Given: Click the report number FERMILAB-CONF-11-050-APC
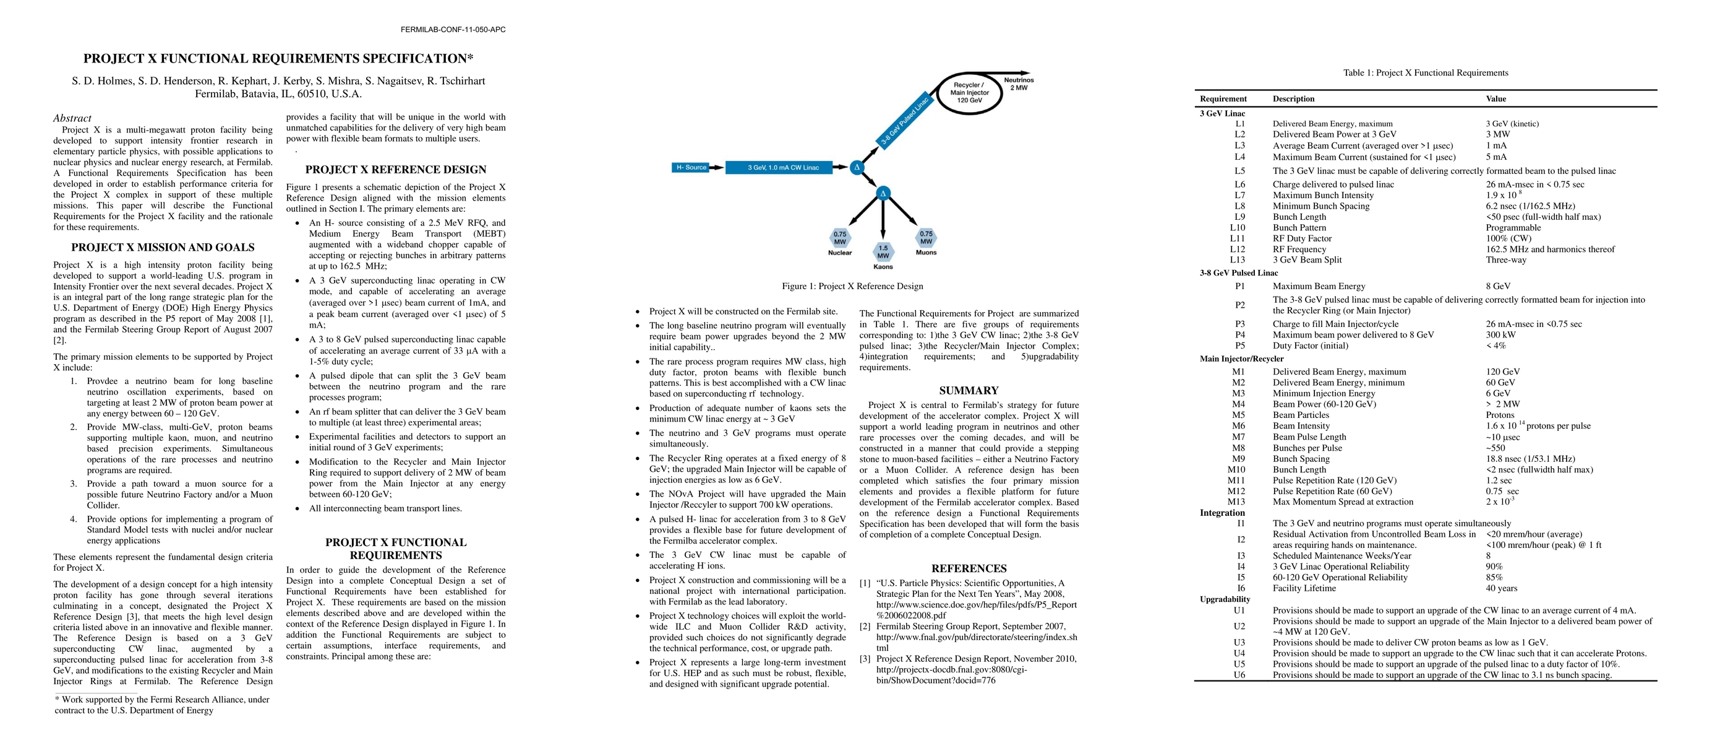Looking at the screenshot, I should pos(453,29).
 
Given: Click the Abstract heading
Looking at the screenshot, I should pos(72,118).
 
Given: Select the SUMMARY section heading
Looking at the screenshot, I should pos(969,391).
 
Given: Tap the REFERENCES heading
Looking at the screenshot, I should pos(969,568).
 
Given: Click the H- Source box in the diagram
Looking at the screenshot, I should pos(691,168).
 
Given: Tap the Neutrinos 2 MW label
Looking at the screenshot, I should pos(1018,84).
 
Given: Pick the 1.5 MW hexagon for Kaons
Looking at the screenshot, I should pos(883,252).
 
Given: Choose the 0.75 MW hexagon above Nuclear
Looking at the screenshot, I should pos(839,238).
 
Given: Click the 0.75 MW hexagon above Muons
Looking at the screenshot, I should pos(925,238).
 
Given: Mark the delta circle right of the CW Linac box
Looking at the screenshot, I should pos(857,168).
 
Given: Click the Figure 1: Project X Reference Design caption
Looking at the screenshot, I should pos(852,287).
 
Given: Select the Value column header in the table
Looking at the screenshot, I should pos(1495,99).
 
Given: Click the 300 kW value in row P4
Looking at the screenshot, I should pos(1500,335).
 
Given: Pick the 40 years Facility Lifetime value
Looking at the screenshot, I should pos(1501,589).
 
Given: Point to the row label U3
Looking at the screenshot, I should pos(1239,643).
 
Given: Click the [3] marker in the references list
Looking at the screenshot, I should pos(865,659).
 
